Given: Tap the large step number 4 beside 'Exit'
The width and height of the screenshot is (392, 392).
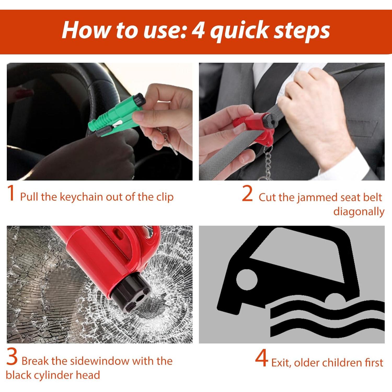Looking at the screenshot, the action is click(x=262, y=358).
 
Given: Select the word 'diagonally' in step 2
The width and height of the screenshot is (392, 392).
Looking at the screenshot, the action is click(x=359, y=212).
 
